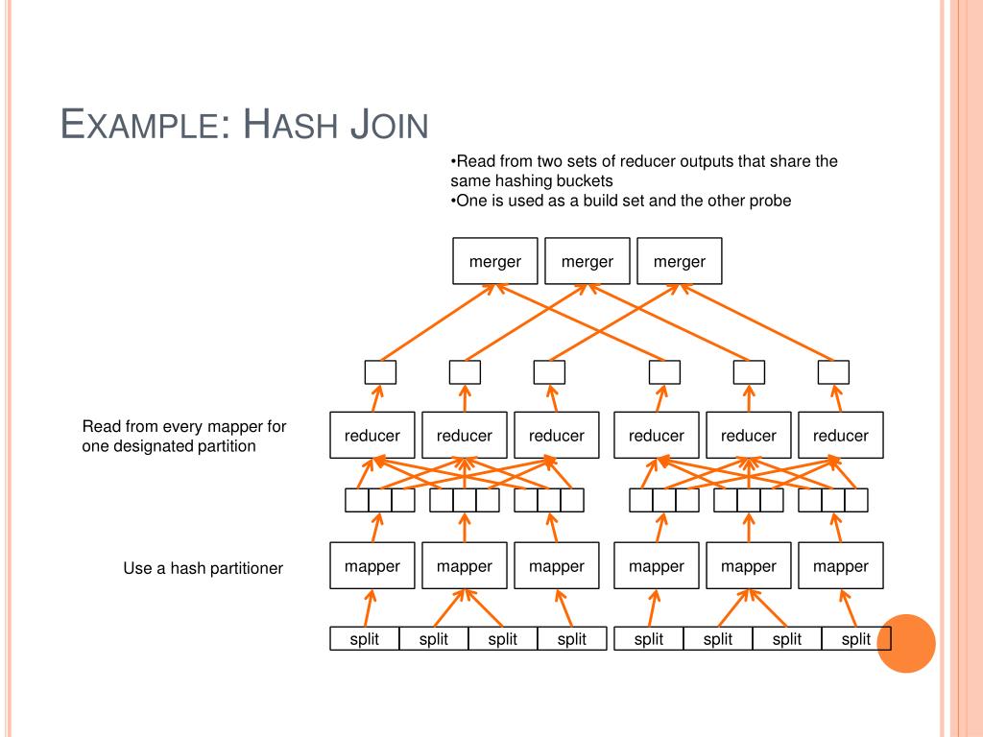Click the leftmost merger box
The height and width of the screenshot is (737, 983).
494,261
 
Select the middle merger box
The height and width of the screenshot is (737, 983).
587,261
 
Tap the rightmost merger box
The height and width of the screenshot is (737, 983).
679,261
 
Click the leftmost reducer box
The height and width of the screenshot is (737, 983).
372,435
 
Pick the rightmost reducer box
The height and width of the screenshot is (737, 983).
840,435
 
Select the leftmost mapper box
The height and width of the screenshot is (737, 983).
372,565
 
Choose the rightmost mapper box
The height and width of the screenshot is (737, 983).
840,565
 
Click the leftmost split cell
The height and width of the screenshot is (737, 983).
365,639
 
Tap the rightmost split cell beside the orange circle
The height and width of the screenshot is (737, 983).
855,639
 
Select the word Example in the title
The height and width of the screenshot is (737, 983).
144,126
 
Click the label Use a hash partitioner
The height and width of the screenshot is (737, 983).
203,568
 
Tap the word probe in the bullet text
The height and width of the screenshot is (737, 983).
771,201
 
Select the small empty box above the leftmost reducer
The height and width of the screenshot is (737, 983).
380,371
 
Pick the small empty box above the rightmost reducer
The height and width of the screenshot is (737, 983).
833,371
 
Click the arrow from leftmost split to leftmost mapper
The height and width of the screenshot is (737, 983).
368,607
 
